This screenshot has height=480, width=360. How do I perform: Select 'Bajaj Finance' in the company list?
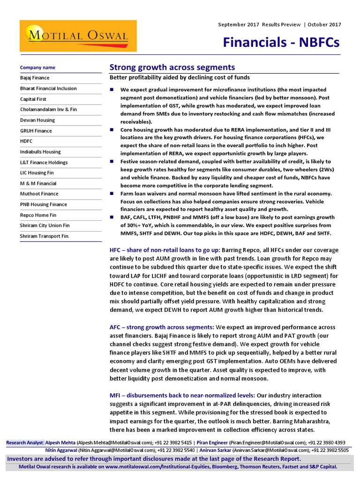35,78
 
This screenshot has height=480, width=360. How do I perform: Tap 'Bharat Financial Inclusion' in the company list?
48,89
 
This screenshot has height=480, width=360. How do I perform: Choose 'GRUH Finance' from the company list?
36,131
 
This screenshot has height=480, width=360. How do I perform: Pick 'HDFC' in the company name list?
27,141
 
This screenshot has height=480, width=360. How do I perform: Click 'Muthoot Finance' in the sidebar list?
39,194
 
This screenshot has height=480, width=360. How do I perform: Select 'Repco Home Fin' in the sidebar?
38,215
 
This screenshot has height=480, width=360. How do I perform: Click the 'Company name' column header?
37,67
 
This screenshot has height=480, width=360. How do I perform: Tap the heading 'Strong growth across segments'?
172,67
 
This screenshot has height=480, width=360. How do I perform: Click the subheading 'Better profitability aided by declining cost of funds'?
180,77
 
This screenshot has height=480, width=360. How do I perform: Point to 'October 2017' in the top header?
325,24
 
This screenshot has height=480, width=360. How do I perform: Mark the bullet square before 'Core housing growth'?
112,129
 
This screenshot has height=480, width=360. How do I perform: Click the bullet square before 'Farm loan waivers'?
112,194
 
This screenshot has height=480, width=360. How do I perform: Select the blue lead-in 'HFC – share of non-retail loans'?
165,251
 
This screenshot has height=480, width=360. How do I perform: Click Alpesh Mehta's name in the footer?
61,442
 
